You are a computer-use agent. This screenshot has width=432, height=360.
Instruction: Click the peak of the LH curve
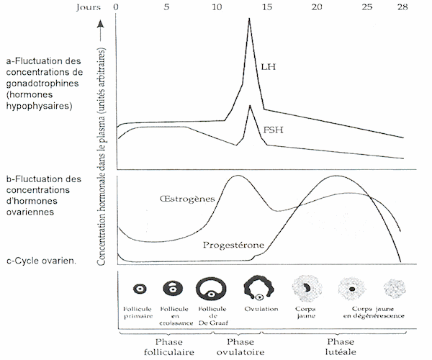pyautogui.click(x=249, y=18)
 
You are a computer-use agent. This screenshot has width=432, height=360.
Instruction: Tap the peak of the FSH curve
pyautogui.click(x=250, y=106)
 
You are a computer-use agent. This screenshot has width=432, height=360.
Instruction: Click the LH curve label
pyautogui.click(x=268, y=67)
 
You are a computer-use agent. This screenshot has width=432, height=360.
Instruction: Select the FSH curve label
pyautogui.click(x=273, y=130)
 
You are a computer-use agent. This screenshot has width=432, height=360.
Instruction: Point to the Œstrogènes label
pyautogui.click(x=187, y=199)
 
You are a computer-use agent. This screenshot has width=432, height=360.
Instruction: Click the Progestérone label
pyautogui.click(x=233, y=245)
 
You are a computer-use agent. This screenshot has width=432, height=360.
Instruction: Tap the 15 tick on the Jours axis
pyautogui.click(x=266, y=7)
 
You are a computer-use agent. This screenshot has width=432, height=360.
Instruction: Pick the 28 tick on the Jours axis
pyautogui.click(x=402, y=7)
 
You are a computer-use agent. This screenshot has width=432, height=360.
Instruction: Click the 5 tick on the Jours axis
pyautogui.click(x=166, y=7)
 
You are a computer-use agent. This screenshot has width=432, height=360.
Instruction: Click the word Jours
pyautogui.click(x=89, y=7)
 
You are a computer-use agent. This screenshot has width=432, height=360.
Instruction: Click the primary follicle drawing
pyautogui.click(x=140, y=289)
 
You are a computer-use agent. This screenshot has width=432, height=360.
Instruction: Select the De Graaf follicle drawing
pyautogui.click(x=211, y=289)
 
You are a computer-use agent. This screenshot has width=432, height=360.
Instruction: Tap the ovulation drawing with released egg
pyautogui.click(x=258, y=288)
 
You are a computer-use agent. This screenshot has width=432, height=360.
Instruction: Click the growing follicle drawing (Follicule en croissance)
pyautogui.click(x=173, y=289)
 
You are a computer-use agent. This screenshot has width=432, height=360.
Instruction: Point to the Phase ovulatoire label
pyautogui.click(x=240, y=347)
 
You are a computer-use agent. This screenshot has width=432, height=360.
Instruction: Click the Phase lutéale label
pyautogui.click(x=341, y=347)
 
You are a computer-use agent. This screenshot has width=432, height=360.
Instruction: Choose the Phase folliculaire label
pyautogui.click(x=169, y=347)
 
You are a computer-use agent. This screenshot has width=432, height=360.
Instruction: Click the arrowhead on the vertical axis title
pyautogui.click(x=101, y=24)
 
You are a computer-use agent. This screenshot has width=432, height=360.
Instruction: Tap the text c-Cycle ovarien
pyautogui.click(x=41, y=261)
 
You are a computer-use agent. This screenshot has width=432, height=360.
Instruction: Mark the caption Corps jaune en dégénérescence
pyautogui.click(x=374, y=312)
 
